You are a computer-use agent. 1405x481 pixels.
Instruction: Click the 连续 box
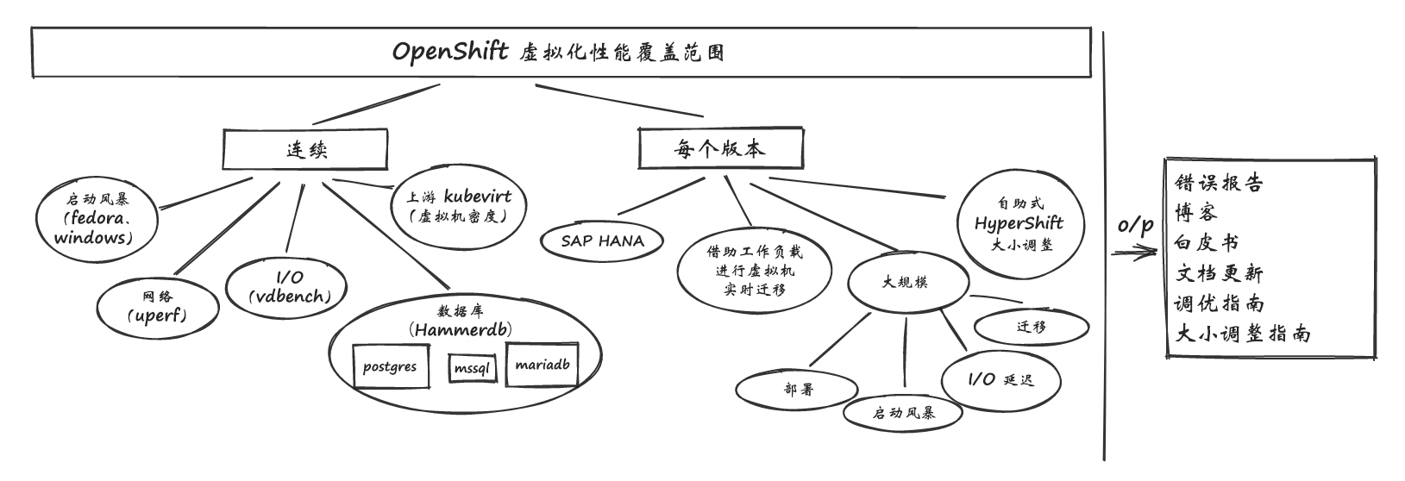coord(306,150)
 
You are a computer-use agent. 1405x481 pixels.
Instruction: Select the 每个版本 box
coord(719,148)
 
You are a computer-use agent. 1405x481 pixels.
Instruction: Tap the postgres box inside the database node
coord(390,367)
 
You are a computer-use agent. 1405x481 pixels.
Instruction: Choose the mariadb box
coord(542,364)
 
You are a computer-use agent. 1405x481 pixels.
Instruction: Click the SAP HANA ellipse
coord(602,240)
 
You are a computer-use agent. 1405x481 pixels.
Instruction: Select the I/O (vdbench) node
coord(288,287)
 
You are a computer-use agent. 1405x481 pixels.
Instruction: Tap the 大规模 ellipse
coord(905,282)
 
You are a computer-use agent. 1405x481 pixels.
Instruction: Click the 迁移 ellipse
coord(1031,327)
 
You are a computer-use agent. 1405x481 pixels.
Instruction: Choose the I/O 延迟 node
coord(1000,380)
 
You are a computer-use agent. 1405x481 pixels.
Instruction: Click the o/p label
coord(1135,225)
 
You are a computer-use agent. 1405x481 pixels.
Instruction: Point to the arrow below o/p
coord(1133,253)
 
